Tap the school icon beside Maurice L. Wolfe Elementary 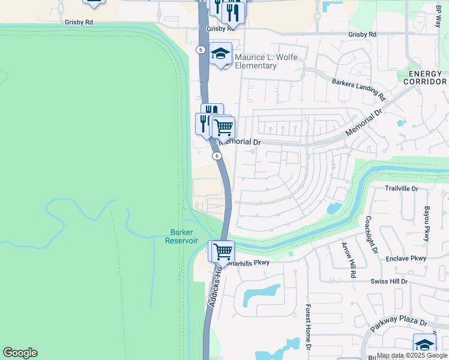[221, 54]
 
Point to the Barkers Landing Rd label [358, 88]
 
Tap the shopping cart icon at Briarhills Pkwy [222, 251]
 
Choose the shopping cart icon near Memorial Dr [223, 127]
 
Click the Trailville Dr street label [409, 188]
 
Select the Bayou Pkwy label [427, 224]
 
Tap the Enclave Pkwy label [406, 259]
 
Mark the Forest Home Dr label [307, 327]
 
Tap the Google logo [20, 353]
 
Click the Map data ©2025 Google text [412, 355]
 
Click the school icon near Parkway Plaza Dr [424, 344]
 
